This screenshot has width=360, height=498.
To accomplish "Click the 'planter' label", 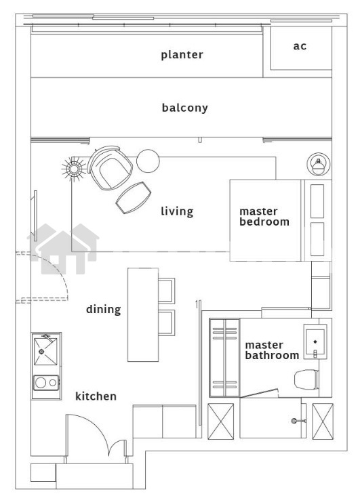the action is [x=182, y=55].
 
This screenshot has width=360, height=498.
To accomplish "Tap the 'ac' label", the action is [x=300, y=46].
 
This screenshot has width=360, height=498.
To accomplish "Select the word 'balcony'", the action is [x=185, y=108].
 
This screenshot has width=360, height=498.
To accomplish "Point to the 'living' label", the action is [x=177, y=211].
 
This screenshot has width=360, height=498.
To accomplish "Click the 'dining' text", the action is [x=104, y=310].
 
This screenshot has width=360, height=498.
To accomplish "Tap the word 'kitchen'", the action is [x=96, y=396].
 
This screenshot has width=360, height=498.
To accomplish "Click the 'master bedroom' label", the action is [x=264, y=217].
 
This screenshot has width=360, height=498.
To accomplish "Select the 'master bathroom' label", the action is [x=272, y=350].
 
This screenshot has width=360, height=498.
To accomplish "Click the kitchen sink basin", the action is [x=45, y=352].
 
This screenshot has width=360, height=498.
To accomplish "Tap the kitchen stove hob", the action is [x=46, y=383].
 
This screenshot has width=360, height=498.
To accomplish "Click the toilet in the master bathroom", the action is [x=306, y=379].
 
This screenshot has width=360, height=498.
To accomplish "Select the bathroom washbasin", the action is [x=315, y=341].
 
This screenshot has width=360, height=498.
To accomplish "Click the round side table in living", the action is [x=148, y=161].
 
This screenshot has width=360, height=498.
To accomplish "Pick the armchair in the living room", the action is [x=110, y=168].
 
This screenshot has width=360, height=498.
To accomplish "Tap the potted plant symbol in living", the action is [x=74, y=169].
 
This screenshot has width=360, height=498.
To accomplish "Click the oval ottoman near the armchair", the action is [x=133, y=198].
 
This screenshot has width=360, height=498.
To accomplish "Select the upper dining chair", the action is [x=167, y=290].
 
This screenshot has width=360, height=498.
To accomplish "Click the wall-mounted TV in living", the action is [x=35, y=215].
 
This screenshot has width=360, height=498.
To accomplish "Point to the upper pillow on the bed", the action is [x=317, y=201].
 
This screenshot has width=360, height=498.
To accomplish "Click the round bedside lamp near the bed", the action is [x=319, y=164].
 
